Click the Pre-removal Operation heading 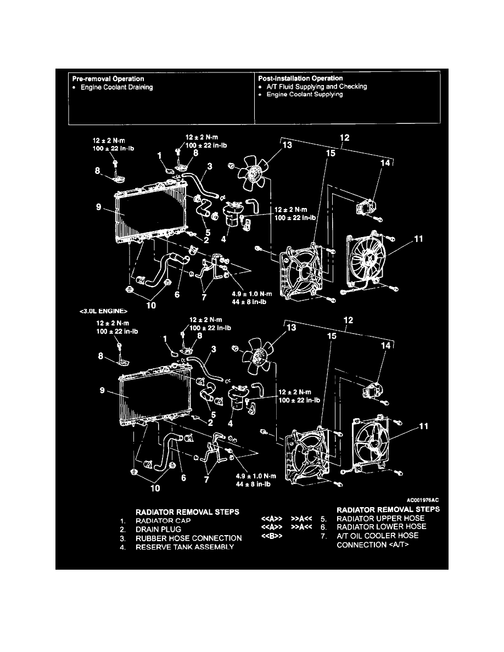pos(109,79)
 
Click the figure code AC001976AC pos(424,501)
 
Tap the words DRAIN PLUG pos(155,529)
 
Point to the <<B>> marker pos(272,536)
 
